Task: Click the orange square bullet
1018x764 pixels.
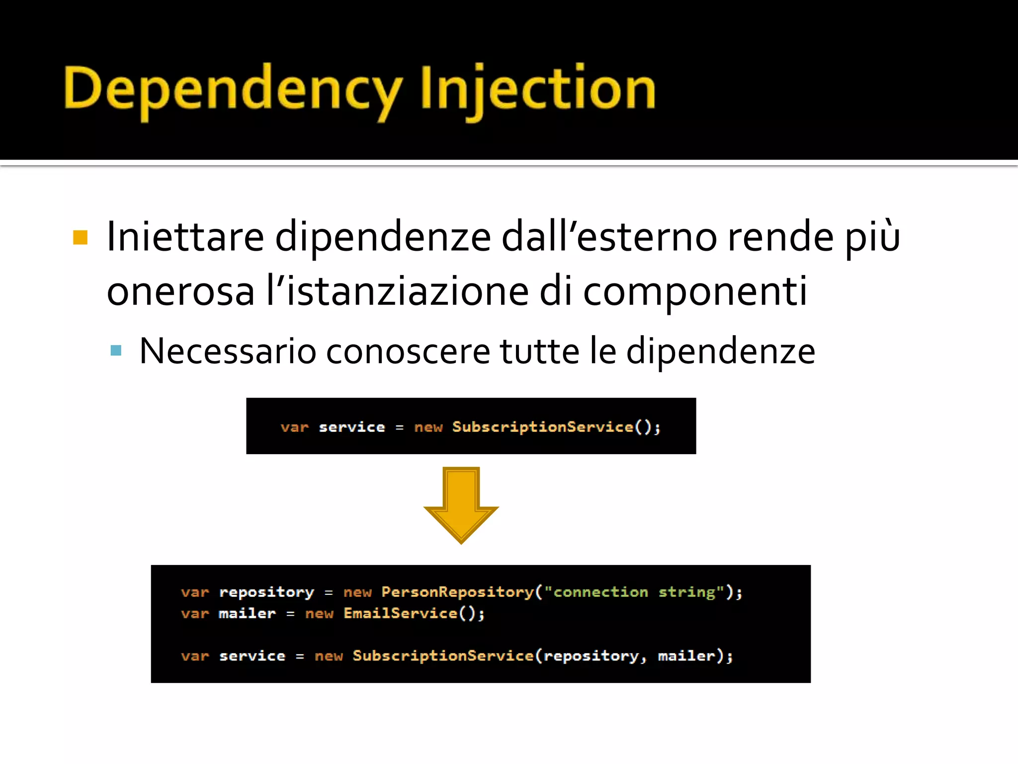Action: pos(80,237)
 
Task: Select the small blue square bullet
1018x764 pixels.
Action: pos(116,351)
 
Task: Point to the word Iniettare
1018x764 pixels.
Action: pos(185,237)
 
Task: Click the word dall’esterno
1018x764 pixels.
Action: pos(609,237)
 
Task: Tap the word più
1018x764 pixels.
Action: pos(873,237)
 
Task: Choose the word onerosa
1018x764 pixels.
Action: pos(180,292)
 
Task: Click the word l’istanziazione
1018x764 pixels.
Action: pos(397,292)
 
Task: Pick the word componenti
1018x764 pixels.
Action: pos(695,292)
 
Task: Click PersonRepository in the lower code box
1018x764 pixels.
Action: pos(457,592)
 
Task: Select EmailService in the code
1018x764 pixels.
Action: pos(400,613)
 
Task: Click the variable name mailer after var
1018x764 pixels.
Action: pos(247,613)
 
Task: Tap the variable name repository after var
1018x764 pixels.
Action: pos(266,592)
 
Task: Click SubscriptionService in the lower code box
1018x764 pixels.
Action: pos(443,656)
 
